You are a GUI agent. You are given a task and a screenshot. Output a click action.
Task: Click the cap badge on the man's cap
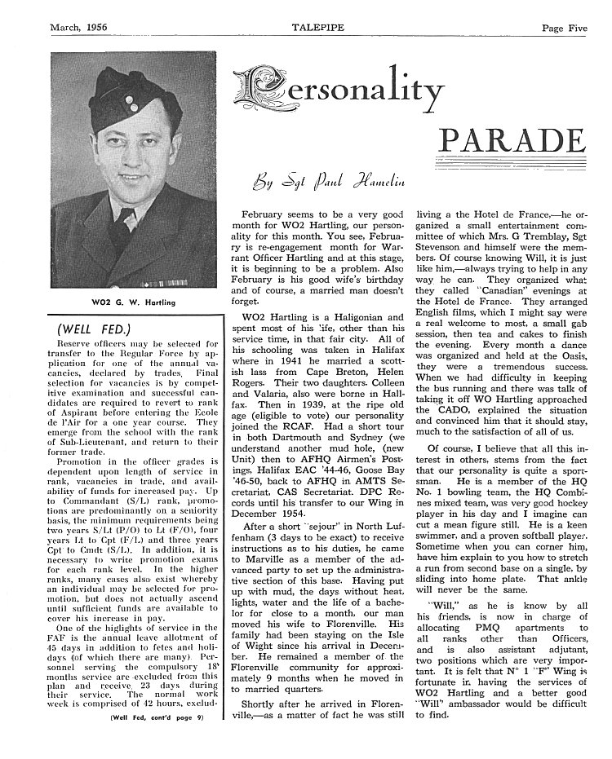coord(131,111)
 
